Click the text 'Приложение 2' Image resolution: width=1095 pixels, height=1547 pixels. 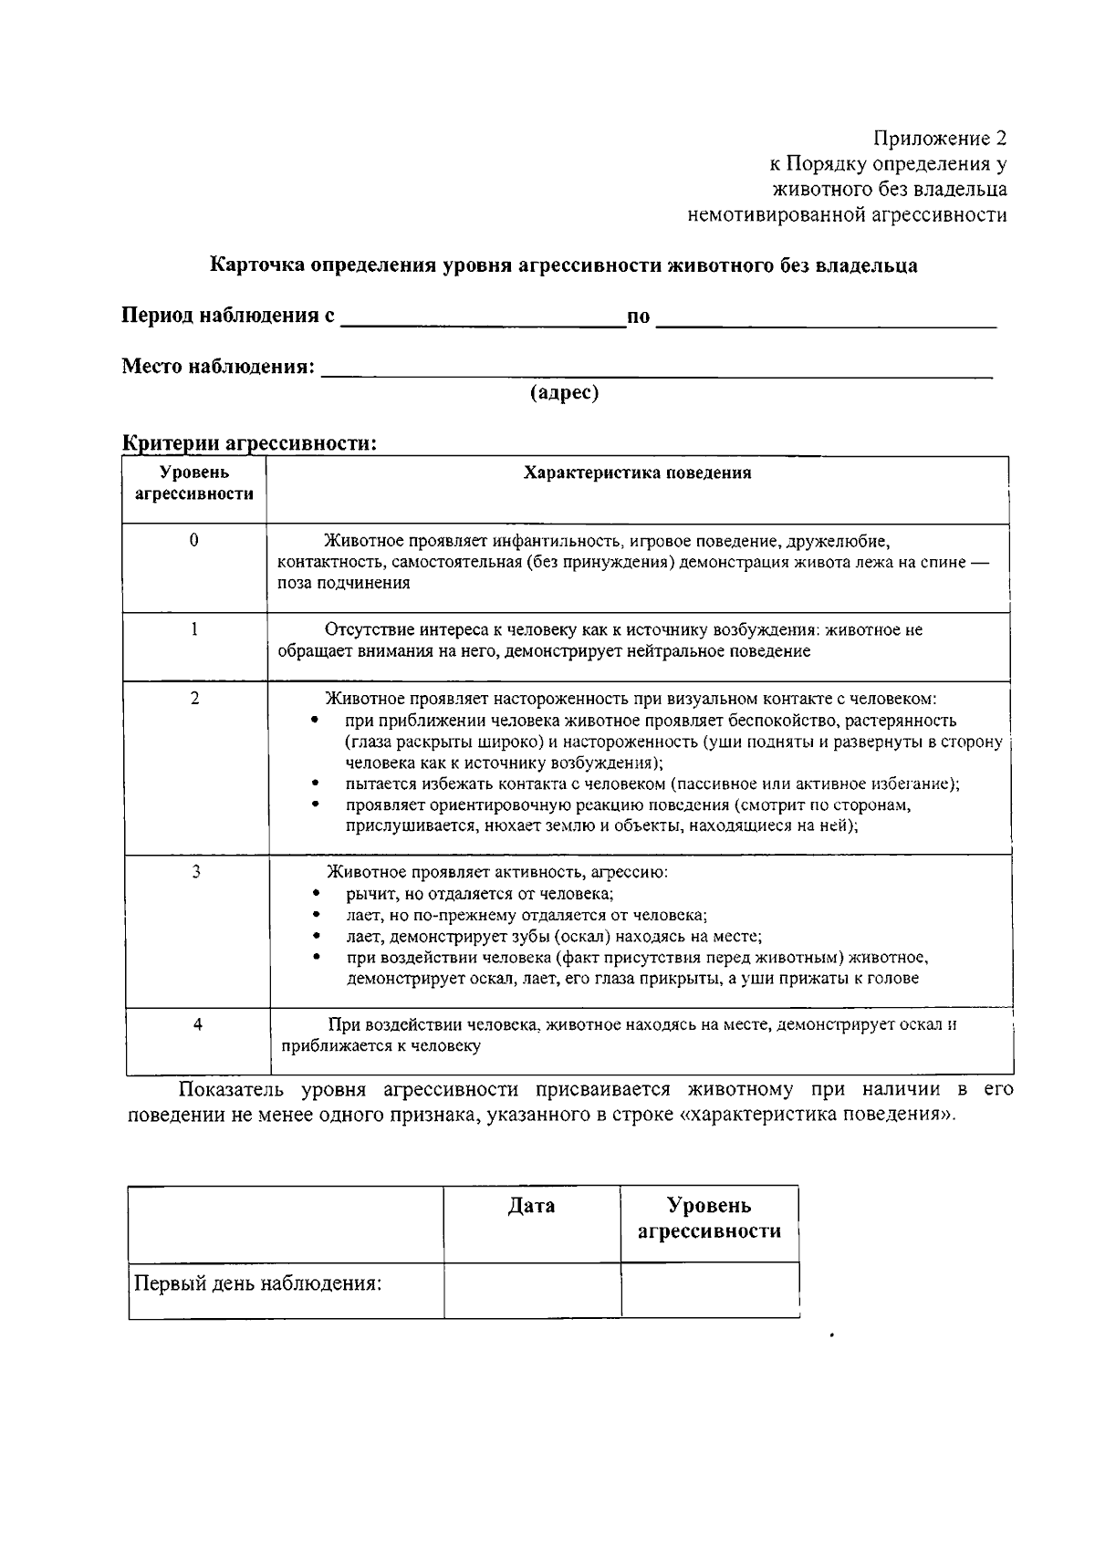click(x=940, y=139)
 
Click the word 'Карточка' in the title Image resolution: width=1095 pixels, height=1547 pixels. click(x=257, y=265)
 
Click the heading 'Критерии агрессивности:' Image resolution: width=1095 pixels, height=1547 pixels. click(x=250, y=443)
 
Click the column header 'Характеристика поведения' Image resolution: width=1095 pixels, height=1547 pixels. click(x=637, y=472)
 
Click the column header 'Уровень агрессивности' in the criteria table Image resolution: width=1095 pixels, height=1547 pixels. click(x=194, y=483)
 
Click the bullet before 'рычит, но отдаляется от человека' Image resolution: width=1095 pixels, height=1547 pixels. click(x=316, y=895)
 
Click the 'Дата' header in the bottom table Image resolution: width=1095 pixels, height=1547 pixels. click(x=531, y=1206)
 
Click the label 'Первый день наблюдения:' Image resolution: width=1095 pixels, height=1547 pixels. click(x=258, y=1283)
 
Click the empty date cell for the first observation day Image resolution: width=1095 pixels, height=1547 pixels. click(x=532, y=1289)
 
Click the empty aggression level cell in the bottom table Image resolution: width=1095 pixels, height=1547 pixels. click(x=709, y=1289)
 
